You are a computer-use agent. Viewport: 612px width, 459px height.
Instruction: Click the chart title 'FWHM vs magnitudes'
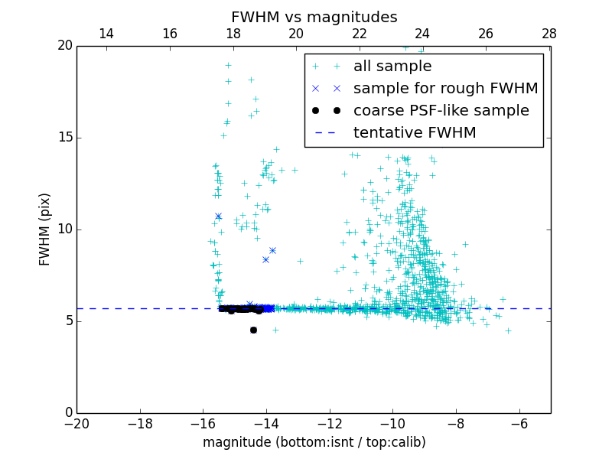314,17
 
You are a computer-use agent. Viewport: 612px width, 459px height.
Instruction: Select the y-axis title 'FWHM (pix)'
45,229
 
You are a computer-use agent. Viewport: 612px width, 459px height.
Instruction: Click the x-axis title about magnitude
314,442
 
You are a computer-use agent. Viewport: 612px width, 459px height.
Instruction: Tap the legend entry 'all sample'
392,67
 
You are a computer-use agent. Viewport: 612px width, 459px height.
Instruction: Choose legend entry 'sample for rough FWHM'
445,89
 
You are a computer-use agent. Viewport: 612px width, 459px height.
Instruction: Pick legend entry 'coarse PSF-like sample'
441,111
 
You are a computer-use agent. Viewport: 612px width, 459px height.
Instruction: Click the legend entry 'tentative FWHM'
415,133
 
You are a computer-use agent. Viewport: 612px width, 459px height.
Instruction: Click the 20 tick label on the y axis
63,46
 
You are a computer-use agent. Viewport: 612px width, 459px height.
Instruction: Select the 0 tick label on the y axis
67,413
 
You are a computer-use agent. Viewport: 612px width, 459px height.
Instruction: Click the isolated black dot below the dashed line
253,330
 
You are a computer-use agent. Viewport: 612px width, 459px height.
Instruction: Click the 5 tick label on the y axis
67,321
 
